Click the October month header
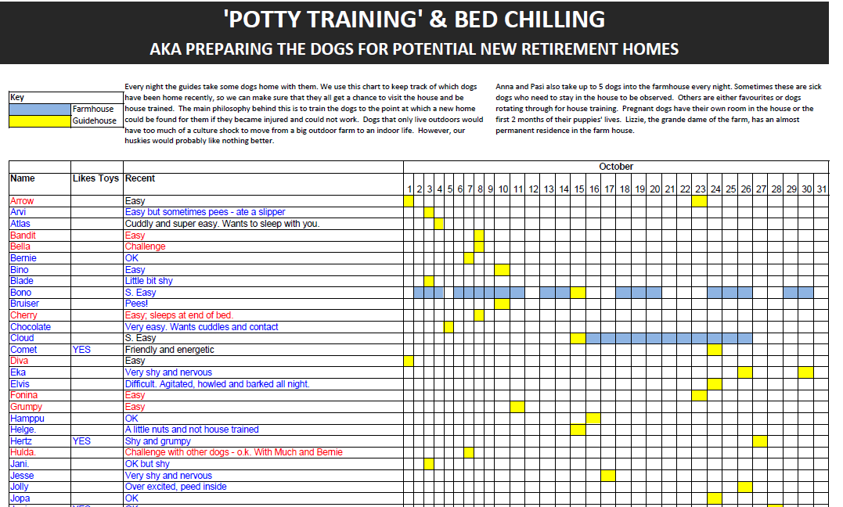[616, 167]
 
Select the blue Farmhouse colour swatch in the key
[39, 110]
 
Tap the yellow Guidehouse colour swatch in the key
[39, 120]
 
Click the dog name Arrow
[22, 201]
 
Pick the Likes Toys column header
[95, 178]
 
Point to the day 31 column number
[820, 189]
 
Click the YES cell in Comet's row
[81, 350]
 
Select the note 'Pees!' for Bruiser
[136, 304]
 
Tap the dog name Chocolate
[31, 327]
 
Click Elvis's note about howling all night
[218, 384]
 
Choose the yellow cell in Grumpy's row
[517, 407]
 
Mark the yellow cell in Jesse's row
[608, 476]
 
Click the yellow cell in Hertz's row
[760, 441]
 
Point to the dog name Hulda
[24, 452]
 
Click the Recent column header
[140, 178]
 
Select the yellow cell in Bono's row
[578, 293]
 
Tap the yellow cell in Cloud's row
[578, 338]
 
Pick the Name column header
[23, 178]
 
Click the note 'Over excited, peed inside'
[176, 487]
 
